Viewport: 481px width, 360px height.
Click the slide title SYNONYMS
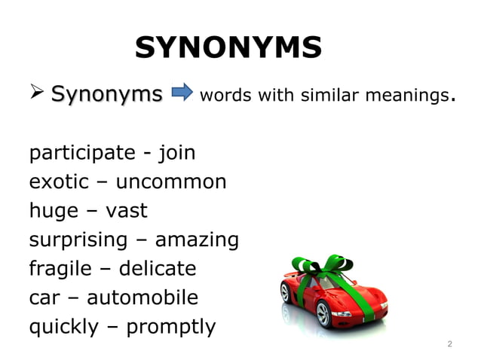click(x=228, y=49)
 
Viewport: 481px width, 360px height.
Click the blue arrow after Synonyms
click(x=182, y=94)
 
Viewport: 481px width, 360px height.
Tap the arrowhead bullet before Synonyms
click(x=37, y=95)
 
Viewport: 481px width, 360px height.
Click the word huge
click(x=54, y=211)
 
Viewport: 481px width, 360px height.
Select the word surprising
click(x=78, y=240)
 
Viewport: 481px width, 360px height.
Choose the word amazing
click(x=197, y=240)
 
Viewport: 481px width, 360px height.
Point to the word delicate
click(x=158, y=269)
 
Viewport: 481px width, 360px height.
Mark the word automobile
click(x=142, y=297)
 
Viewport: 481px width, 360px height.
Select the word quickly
click(x=66, y=327)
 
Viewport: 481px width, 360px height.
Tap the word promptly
click(x=170, y=327)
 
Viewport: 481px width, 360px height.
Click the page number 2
click(x=449, y=344)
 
